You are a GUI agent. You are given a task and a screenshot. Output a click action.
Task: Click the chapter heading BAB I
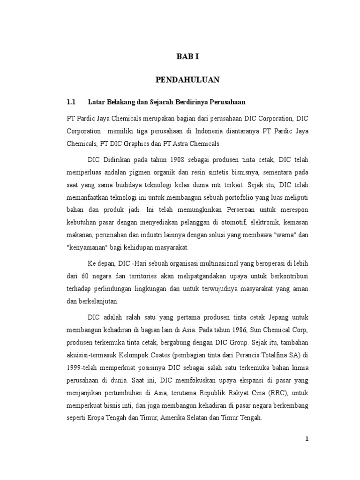click(187, 57)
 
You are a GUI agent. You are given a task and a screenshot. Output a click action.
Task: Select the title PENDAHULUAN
click(187, 80)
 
